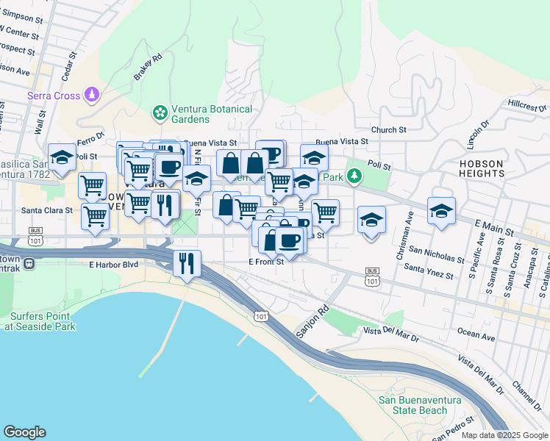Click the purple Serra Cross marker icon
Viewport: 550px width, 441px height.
click(91, 94)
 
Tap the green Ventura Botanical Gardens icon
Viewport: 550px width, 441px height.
click(159, 113)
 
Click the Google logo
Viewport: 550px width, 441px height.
click(24, 432)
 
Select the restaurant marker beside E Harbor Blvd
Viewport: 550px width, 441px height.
click(187, 262)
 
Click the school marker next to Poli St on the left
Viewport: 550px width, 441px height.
click(63, 157)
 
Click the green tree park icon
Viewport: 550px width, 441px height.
click(355, 175)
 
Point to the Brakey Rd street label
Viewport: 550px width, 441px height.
click(147, 68)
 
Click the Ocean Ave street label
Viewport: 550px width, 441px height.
click(476, 335)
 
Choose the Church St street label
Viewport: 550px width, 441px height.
click(388, 130)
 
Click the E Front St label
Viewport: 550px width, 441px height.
click(265, 262)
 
